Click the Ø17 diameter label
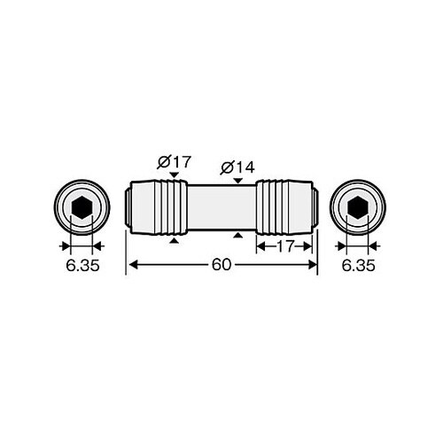175,162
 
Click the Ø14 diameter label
237,167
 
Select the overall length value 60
221,265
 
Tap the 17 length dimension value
285,246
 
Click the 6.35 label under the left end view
82,266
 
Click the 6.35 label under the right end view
359,266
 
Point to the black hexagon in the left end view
82,207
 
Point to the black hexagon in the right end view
358,207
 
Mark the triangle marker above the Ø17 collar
175,175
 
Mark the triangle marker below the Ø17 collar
175,241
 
